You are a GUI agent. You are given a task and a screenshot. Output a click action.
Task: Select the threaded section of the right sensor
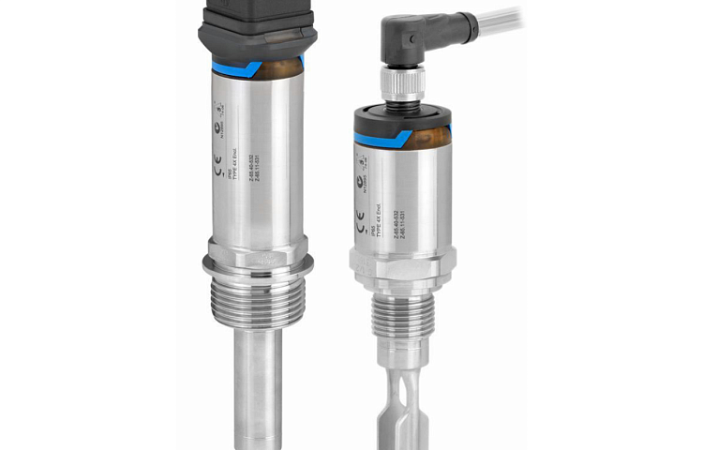pos(400,308)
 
